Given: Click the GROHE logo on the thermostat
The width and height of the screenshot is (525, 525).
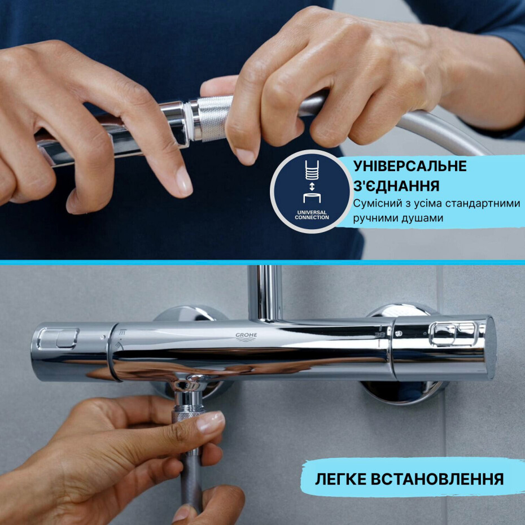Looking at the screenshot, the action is (x=246, y=336).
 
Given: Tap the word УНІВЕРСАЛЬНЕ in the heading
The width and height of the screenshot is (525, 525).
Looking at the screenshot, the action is (x=410, y=167).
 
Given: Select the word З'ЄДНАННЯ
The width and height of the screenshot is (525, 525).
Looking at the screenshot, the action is (x=392, y=186).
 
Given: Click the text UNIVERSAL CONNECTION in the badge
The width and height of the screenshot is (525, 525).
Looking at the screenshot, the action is (x=312, y=215).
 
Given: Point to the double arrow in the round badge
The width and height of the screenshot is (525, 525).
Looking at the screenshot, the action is (x=312, y=186).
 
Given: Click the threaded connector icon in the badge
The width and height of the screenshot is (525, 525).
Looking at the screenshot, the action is (x=312, y=170).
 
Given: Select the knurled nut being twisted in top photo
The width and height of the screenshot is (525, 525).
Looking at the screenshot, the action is (x=213, y=118).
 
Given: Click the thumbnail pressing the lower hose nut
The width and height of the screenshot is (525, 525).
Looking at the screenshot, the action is (x=210, y=421).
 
